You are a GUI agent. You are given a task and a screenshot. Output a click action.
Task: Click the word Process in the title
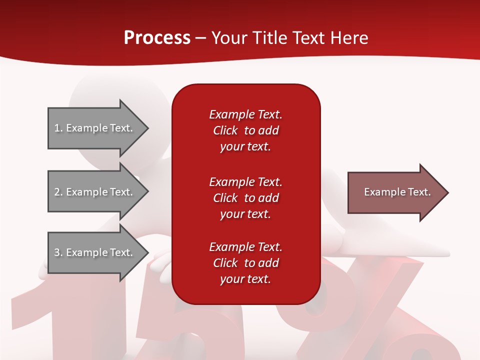157,38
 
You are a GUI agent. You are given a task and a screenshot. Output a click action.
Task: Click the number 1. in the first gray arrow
58,128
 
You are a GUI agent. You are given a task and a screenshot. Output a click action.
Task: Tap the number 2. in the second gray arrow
58,192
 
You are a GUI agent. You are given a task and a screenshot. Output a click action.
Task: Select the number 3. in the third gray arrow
58,252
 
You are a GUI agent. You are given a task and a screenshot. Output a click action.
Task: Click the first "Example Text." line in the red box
245,114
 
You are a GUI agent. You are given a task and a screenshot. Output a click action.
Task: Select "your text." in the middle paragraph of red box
245,214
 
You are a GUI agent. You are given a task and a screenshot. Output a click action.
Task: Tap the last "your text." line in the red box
245,279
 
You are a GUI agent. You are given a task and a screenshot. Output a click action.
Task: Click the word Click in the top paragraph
225,130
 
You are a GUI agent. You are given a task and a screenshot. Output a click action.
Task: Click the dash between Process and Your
200,38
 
